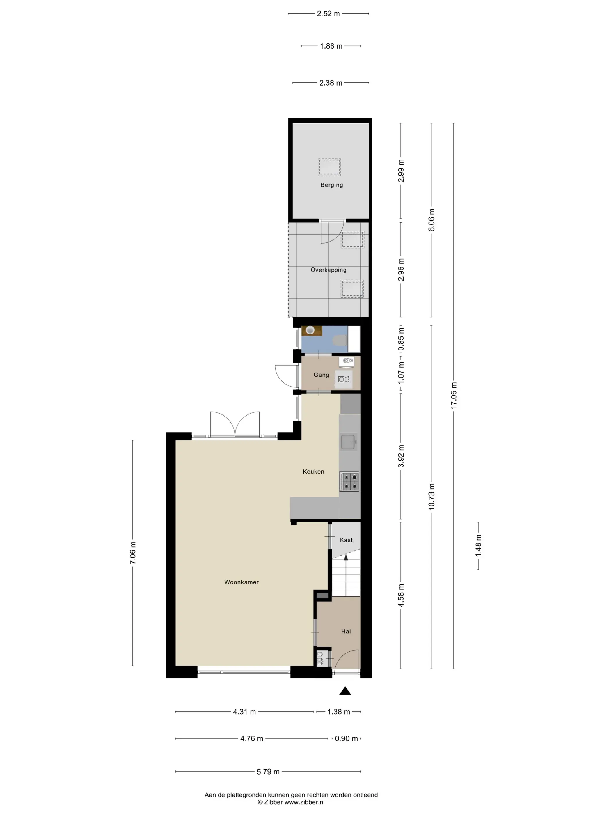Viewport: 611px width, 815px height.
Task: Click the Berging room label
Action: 331,185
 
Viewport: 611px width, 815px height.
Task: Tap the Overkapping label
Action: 328,270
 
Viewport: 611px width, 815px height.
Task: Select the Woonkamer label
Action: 241,582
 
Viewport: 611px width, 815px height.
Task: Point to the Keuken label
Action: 313,472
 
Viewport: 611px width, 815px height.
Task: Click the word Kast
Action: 346,540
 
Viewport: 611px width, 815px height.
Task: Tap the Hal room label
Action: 346,632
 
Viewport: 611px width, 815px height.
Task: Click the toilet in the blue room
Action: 340,341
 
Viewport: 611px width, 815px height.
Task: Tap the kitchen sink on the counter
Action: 348,442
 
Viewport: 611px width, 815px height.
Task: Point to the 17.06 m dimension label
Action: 454,395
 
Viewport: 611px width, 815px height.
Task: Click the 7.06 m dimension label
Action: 133,553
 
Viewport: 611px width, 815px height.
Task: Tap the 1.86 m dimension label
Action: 331,46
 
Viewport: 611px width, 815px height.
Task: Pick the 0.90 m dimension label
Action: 346,739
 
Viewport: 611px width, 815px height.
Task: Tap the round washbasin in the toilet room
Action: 310,330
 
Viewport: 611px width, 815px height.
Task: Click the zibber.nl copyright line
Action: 291,802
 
